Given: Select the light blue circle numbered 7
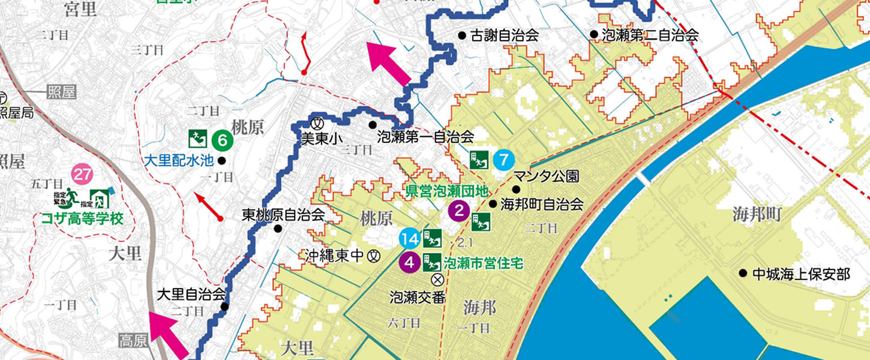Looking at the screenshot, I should tap(504, 160).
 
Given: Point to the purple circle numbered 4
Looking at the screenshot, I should tap(410, 262).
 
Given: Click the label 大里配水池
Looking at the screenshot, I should tap(179, 160).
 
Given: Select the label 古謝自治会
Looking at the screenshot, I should tap(504, 35).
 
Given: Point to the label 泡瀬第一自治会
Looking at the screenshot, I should tap(425, 137).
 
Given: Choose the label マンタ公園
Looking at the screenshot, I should tap(545, 176).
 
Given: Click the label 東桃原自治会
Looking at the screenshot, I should tap(283, 214).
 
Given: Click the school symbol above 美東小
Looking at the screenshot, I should tap(319, 118).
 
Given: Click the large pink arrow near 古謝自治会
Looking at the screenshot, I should tap(388, 62).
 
